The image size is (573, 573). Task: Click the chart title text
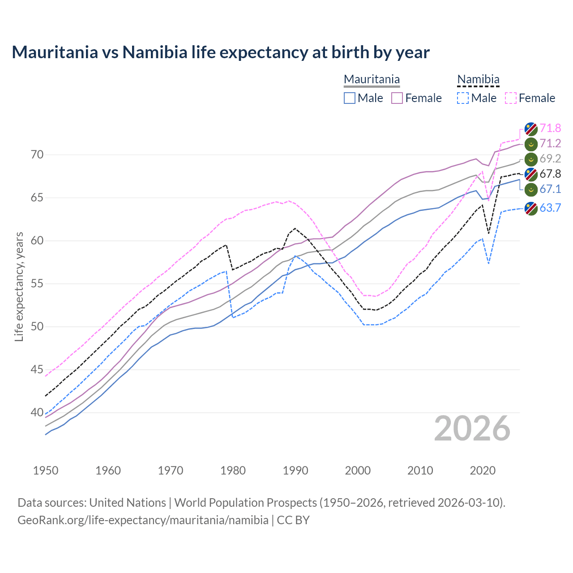coord(220,52)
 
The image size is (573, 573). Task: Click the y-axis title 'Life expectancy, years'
coord(19,286)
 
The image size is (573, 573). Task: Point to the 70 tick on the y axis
coord(37,155)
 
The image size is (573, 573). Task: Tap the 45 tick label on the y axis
coord(37,370)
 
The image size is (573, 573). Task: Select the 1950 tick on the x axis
coord(46,470)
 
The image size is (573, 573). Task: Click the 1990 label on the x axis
coord(295,470)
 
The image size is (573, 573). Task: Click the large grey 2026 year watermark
coord(472,428)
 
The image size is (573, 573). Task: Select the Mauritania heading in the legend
coord(372,80)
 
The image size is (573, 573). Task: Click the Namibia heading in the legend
coord(478,80)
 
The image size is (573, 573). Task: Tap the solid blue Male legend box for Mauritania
coord(350,98)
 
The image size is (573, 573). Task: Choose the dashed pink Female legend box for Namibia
coord(511,98)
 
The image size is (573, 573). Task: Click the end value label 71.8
coord(550,128)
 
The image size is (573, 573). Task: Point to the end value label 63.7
coord(550,208)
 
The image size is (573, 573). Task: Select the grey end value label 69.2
coord(550,159)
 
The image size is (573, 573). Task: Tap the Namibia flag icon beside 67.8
coord(531,174)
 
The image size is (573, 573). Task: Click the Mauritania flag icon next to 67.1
coord(531,189)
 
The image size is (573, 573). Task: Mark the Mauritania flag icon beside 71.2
coord(531,144)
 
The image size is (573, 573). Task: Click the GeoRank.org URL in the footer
coord(143,520)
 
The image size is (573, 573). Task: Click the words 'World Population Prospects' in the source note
coord(245,503)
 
